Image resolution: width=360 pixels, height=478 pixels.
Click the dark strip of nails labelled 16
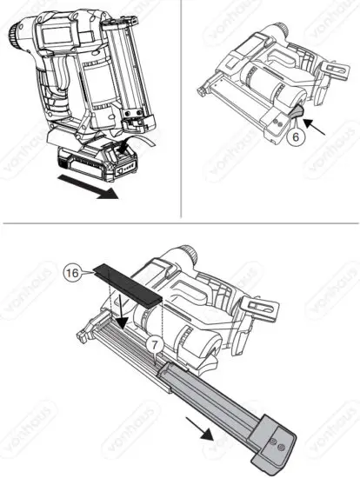click(x=130, y=283)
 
